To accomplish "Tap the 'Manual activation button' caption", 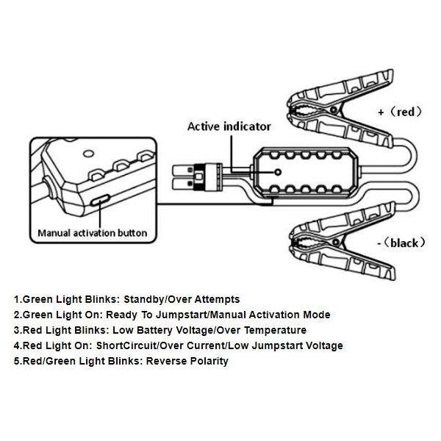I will coord(92,234).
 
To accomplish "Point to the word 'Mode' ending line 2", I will coord(318,315).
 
